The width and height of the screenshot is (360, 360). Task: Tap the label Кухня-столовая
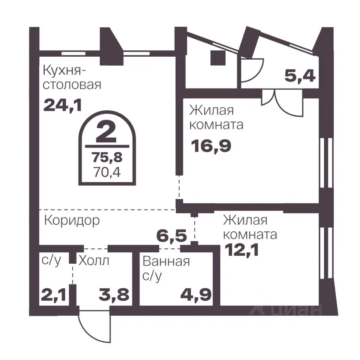[72, 77]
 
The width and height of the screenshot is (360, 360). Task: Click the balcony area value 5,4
[300, 76]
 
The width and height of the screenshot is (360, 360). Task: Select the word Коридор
[72, 220]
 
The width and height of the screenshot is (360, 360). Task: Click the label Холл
[94, 260]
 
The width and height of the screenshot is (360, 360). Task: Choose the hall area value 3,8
[114, 294]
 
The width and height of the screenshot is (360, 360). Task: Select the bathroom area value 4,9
[195, 294]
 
